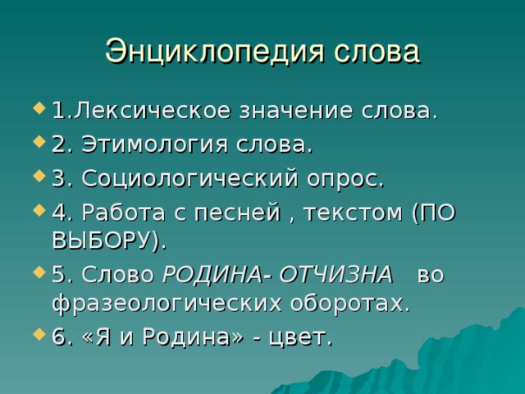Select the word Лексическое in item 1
click(153, 111)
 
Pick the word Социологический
click(189, 178)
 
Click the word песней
click(237, 213)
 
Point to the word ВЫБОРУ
click(103, 241)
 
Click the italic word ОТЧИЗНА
click(336, 275)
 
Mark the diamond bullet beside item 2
click(39, 142)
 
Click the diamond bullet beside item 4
click(39, 210)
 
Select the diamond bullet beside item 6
click(39, 334)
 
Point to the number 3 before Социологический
click(58, 179)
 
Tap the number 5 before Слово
click(58, 275)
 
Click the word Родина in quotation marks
click(187, 337)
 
